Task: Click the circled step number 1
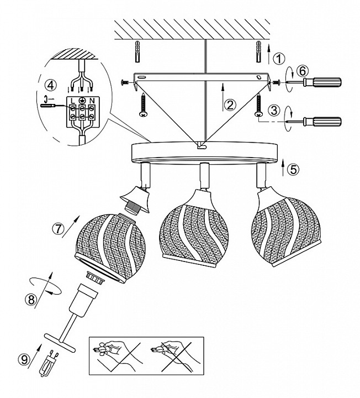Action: point(279,59)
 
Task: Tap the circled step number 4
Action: point(51,85)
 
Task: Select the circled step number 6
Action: point(303,71)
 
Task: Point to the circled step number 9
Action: point(24,360)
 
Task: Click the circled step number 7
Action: point(59,229)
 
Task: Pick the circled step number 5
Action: point(293,169)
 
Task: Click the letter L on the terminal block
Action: point(73,101)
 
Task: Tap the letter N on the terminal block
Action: point(91,101)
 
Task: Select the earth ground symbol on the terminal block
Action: point(82,101)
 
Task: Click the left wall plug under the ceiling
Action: point(137,51)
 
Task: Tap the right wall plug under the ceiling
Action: point(258,51)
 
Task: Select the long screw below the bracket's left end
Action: point(144,106)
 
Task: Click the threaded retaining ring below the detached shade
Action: point(96,277)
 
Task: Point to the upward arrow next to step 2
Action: point(223,97)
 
